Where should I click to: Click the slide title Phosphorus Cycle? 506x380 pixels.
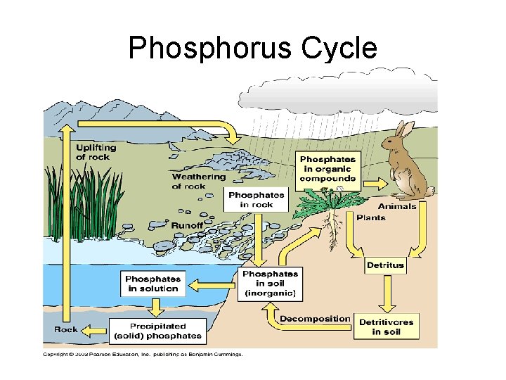(x=253, y=48)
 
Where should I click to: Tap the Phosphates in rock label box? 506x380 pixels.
(x=257, y=200)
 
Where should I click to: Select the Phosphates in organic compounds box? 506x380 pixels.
(x=327, y=169)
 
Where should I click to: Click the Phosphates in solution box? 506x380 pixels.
(x=153, y=284)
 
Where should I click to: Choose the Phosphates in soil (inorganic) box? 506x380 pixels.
(x=270, y=284)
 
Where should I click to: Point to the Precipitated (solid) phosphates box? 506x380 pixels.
(x=157, y=331)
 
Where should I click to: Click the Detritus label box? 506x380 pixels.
(x=385, y=265)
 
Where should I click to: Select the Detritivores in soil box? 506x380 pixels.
(x=386, y=327)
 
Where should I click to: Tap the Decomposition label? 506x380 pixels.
(x=314, y=319)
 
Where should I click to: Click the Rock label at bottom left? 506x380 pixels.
(x=66, y=329)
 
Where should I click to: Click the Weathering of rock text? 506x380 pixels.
(x=199, y=182)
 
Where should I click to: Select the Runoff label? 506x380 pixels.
(x=188, y=226)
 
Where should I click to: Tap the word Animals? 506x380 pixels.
(x=397, y=206)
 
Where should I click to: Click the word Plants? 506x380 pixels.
(x=371, y=218)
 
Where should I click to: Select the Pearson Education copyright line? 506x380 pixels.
(x=143, y=354)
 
